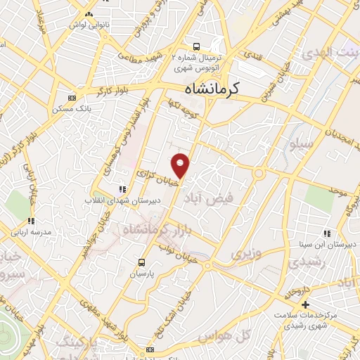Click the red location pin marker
pyautogui.click(x=181, y=165)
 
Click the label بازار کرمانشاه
pyautogui.click(x=157, y=229)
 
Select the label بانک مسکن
pyautogui.click(x=72, y=109)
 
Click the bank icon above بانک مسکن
pyautogui.click(x=72, y=98)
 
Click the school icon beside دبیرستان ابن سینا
pyautogui.click(x=327, y=233)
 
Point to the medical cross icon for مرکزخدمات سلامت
pyautogui.click(x=304, y=304)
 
